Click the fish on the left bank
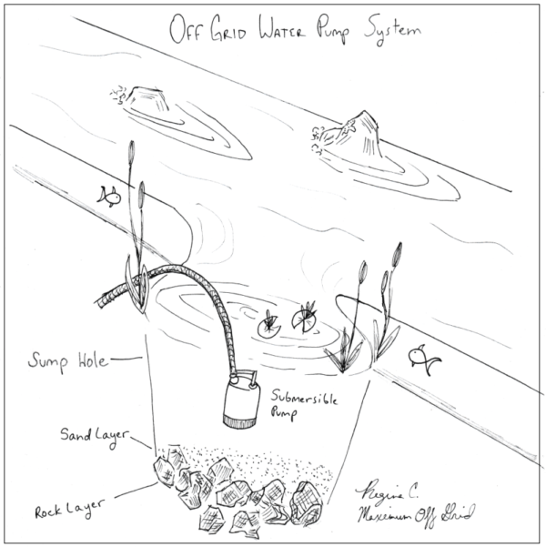[x=108, y=195]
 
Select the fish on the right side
[x=422, y=357]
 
